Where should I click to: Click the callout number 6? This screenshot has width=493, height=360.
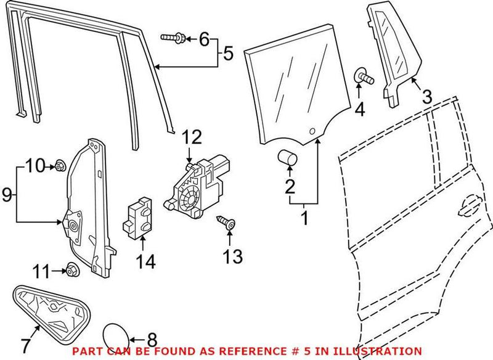[203, 39]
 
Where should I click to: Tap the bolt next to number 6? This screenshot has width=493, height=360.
[174, 38]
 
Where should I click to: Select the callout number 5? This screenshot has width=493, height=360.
[228, 54]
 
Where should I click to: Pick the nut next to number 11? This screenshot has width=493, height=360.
[70, 269]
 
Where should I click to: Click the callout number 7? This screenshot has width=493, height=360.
[26, 342]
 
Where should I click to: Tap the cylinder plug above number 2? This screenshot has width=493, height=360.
[287, 158]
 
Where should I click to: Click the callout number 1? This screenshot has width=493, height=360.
[304, 217]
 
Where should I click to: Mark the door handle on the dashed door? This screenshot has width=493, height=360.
[470, 204]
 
